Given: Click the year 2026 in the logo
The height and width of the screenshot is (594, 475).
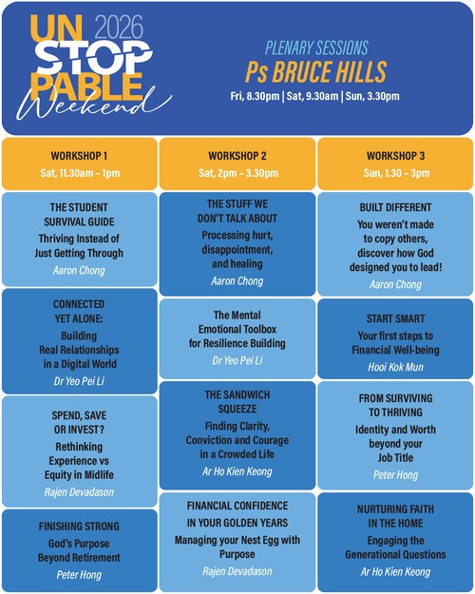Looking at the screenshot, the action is tap(119, 28).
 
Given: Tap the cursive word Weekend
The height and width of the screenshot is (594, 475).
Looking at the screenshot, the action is tap(93, 104).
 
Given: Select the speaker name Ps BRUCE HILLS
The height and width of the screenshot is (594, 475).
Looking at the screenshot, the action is tap(316, 71).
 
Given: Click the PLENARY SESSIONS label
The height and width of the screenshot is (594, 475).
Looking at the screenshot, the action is tap(316, 48).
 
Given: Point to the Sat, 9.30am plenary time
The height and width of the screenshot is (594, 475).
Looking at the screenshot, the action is tap(313, 96).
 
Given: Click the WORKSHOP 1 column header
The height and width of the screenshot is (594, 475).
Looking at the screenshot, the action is tap(79, 156).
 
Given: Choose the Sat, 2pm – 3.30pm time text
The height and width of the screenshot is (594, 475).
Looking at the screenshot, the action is tap(238, 173).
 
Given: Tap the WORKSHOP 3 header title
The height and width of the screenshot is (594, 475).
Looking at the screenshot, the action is tap(395, 156).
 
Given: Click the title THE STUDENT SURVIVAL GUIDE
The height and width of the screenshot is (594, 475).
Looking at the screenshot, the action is tap(79, 215).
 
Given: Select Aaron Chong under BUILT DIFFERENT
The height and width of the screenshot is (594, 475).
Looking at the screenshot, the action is tap(395, 284).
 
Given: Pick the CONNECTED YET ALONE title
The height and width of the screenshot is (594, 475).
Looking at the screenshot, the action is tap(79, 312).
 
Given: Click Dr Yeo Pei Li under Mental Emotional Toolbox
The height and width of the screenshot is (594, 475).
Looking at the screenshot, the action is tap(237, 360).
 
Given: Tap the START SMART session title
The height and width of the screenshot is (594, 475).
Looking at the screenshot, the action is tap(395, 318).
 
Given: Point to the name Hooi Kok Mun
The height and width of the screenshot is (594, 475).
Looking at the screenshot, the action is tap(395, 367).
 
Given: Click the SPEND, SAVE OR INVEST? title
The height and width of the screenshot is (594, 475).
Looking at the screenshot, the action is tap(79, 422).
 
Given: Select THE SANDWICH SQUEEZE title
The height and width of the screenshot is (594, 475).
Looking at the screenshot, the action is tap(237, 402).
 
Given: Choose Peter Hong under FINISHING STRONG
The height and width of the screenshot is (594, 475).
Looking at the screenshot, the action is tap(79, 575).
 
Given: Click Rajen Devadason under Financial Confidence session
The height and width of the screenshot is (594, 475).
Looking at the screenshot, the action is tap(237, 571).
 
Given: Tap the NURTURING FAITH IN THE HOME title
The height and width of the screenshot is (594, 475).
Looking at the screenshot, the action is tap(395, 516).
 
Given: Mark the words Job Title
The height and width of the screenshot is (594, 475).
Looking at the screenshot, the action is tap(395, 458).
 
